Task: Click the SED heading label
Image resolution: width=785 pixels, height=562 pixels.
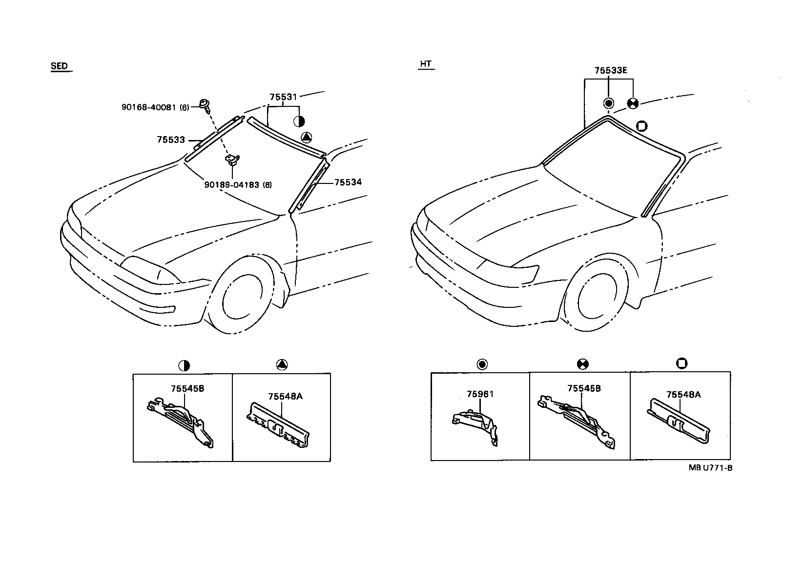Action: (x=59, y=66)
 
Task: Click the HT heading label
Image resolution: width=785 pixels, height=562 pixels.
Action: (x=426, y=64)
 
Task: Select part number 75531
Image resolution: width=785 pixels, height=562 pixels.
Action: (x=283, y=97)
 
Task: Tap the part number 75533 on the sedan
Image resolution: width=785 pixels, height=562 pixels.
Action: (x=171, y=140)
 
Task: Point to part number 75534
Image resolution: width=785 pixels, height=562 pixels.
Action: (x=348, y=182)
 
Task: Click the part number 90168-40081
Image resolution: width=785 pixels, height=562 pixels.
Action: (x=155, y=107)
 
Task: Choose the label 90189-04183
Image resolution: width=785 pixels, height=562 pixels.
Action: (x=238, y=185)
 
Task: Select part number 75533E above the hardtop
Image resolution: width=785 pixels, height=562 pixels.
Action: (x=611, y=70)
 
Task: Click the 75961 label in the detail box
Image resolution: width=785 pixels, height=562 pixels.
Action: (x=480, y=394)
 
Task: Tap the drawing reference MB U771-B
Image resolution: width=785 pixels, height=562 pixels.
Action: (x=710, y=467)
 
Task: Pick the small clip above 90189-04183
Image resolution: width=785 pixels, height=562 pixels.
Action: (x=231, y=159)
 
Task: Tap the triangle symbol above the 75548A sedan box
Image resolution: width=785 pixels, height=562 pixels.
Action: (x=282, y=364)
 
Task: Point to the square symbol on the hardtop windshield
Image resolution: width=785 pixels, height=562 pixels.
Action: (x=642, y=126)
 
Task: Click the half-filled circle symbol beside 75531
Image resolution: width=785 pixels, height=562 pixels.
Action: (x=299, y=121)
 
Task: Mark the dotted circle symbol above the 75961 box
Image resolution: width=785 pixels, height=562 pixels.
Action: (x=482, y=364)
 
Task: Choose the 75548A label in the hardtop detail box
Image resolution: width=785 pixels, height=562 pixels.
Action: (x=683, y=395)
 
